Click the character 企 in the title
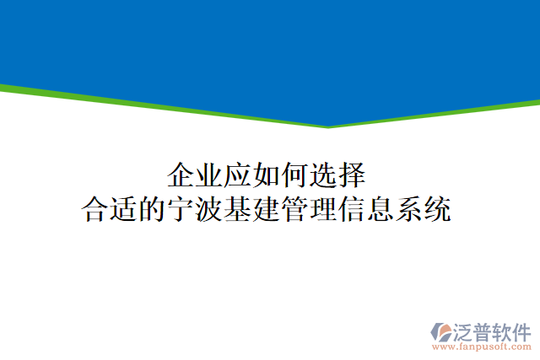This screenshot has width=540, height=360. [181, 176]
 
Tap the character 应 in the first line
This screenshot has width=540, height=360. [238, 176]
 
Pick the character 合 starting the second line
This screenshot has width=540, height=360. [95, 208]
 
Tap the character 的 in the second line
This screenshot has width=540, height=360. [153, 208]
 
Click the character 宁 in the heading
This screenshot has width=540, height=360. [181, 208]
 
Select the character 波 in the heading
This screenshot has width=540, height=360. [210, 208]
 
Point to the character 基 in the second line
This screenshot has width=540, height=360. [239, 208]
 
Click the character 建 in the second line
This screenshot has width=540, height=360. [267, 208]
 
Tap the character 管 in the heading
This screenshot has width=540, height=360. [296, 208]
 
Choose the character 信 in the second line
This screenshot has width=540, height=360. [354, 208]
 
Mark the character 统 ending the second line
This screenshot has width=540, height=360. [439, 208]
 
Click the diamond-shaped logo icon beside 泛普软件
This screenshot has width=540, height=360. [442, 333]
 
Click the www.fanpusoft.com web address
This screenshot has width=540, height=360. [482, 347]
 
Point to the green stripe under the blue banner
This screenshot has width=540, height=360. [169, 105]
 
